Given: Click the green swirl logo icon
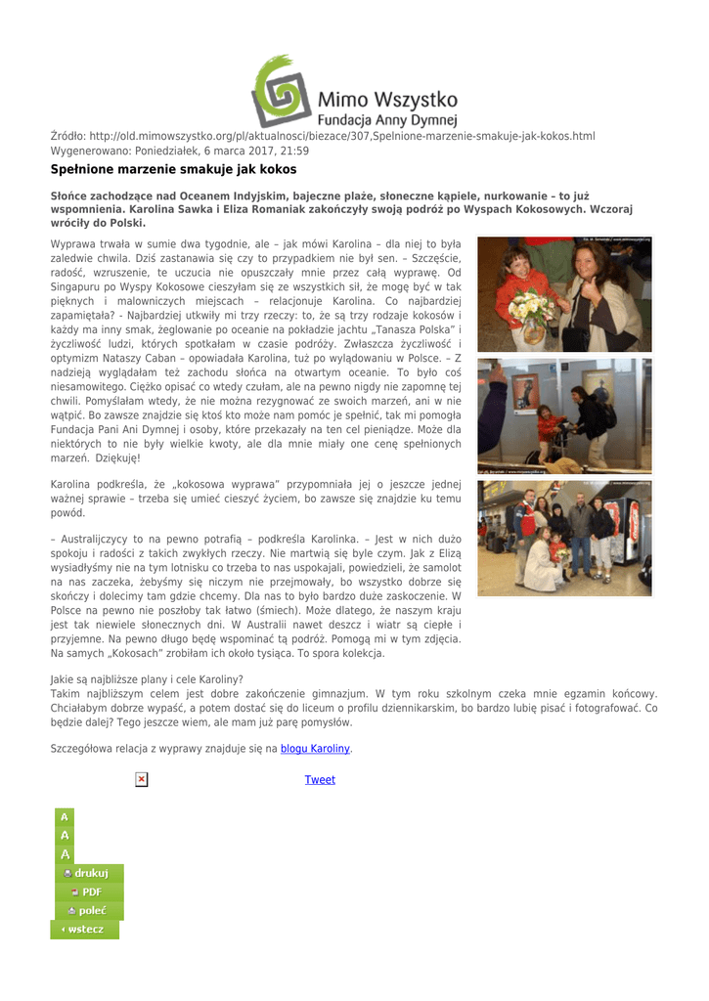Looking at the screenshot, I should click(x=281, y=91).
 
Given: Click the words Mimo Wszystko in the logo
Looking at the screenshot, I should click(x=388, y=99).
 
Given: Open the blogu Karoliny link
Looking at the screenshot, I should click(x=315, y=749).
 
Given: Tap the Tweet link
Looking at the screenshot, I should click(x=320, y=780).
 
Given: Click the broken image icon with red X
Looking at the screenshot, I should click(x=141, y=779).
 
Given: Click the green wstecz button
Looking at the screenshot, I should click(x=84, y=929).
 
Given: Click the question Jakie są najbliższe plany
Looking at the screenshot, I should click(x=147, y=679).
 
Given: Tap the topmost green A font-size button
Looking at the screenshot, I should click(x=65, y=816).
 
